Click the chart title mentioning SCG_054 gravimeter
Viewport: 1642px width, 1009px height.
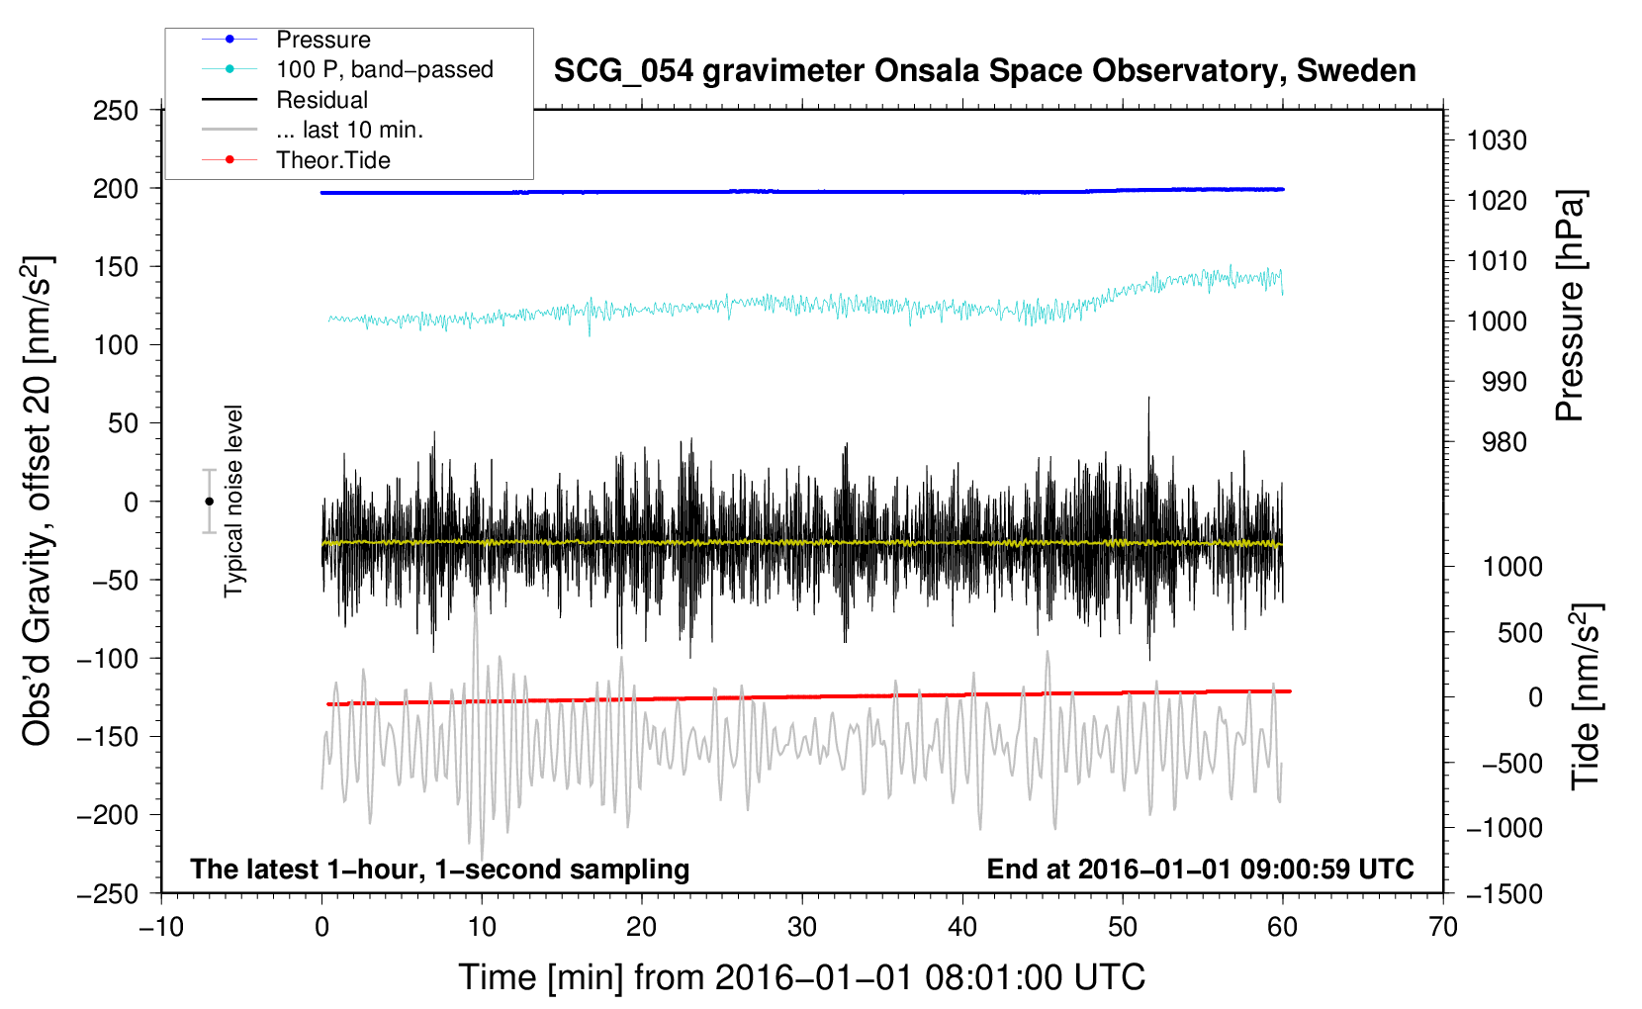[x=984, y=71]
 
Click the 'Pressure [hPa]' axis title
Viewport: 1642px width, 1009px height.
[x=1570, y=306]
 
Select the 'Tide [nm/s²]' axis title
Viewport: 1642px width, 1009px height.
[x=1587, y=696]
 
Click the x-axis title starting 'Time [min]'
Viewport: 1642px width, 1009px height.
[x=802, y=977]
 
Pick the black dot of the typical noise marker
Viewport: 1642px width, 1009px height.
[x=209, y=502]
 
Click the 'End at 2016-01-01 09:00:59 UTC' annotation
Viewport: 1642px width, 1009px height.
[x=1200, y=869]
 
